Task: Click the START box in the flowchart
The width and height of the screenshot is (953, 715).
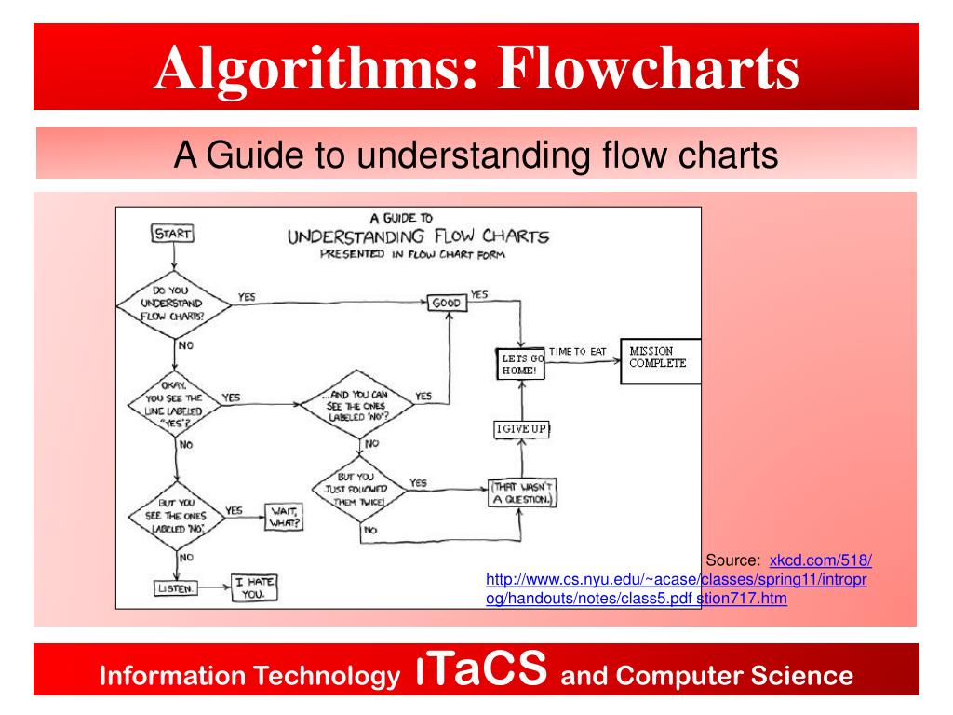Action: [x=172, y=235]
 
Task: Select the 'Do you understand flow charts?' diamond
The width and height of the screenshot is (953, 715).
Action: [x=174, y=303]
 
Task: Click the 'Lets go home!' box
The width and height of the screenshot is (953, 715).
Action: [x=520, y=363]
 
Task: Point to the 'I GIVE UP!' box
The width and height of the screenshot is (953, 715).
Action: [x=521, y=428]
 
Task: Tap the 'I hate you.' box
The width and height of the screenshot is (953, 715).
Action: [x=254, y=587]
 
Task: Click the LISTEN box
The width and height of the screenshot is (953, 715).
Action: [x=176, y=587]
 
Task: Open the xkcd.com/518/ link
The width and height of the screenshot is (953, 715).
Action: [x=820, y=560]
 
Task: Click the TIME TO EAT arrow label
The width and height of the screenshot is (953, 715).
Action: [x=577, y=351]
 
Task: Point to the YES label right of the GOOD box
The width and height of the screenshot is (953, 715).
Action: [x=479, y=294]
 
